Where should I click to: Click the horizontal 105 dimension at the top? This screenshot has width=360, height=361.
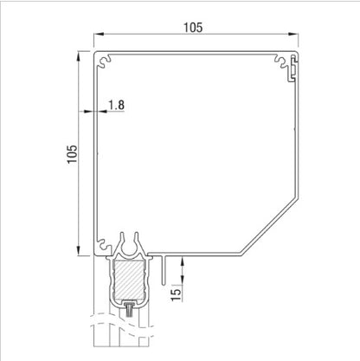coord(193,28)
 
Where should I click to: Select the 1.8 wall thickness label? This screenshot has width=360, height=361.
coord(117,105)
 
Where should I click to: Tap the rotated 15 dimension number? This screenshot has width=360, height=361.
coord(177,294)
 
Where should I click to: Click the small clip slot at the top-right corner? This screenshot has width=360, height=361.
coord(294,64)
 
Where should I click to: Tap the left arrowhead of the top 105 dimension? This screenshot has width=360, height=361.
coord(93,37)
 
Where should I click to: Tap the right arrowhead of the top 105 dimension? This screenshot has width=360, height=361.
coord(295,37)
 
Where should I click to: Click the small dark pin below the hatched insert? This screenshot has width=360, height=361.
coord(129,306)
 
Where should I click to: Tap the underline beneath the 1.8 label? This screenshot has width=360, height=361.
coord(117,113)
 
